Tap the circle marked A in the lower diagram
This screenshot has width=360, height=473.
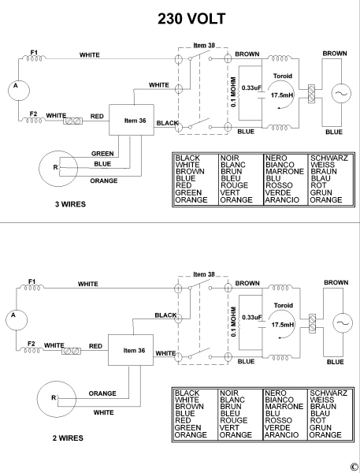point(13,317)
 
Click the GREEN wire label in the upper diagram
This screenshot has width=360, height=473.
point(102,154)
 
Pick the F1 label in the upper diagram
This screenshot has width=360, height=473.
point(34,52)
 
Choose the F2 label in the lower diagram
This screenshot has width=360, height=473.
point(34,343)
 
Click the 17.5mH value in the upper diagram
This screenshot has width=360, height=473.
point(282,95)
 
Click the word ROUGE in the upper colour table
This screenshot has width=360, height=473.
point(233,185)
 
